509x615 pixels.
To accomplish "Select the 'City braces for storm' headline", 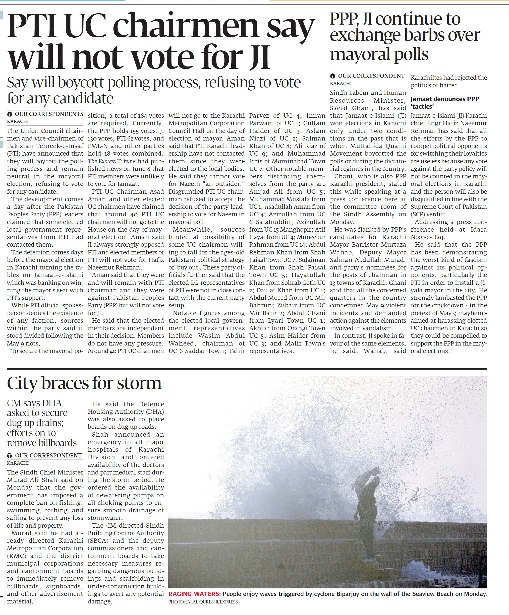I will pyautogui.click(x=84, y=383).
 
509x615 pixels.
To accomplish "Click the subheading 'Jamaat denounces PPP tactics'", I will pyautogui.click(x=444, y=102).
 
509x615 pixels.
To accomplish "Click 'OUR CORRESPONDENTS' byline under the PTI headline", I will pyautogui.click(x=49, y=114).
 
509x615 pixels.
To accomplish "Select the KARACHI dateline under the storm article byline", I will pyautogui.click(x=18, y=463).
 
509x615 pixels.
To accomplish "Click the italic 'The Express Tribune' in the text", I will pyautogui.click(x=112, y=161).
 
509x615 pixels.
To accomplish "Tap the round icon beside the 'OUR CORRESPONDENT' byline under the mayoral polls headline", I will pyautogui.click(x=332, y=76).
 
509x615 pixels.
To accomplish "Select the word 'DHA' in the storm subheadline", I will pyautogui.click(x=52, y=403).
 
